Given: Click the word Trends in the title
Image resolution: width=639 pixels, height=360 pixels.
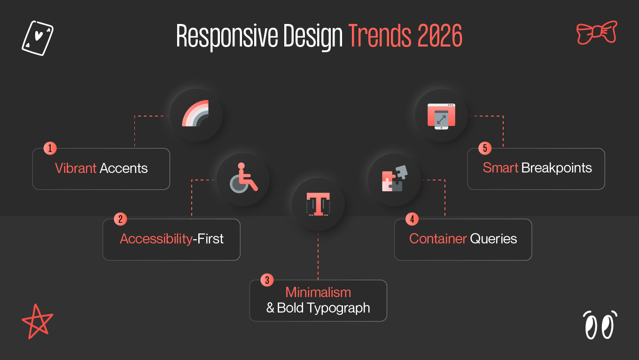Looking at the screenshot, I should tap(378, 36).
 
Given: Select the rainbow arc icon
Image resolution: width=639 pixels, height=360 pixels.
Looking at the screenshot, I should tap(196, 114).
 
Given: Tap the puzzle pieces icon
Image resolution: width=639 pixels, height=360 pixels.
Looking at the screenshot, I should tap(394, 179).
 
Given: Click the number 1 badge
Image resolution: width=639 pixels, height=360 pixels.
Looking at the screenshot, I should tap(50, 149).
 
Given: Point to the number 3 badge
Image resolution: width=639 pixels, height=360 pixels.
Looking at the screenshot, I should tap(267, 281).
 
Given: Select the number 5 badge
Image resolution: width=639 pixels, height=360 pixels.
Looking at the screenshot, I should tap(485, 149).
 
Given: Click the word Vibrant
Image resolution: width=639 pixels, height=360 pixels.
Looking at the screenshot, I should tap(76, 169).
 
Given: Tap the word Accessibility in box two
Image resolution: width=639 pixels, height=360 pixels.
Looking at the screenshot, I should tap(156, 239).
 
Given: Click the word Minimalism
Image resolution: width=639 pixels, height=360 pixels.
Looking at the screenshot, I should tap(318, 292).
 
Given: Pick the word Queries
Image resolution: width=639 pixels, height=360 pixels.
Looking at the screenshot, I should tap(493, 239).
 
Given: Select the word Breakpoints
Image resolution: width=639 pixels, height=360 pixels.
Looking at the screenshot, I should tap(557, 168).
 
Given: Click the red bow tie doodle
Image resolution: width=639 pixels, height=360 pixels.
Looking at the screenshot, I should tap(596, 32).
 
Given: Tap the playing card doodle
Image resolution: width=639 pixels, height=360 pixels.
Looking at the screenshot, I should tap(38, 38).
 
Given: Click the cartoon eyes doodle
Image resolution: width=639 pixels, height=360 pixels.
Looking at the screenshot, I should tap(600, 325).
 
